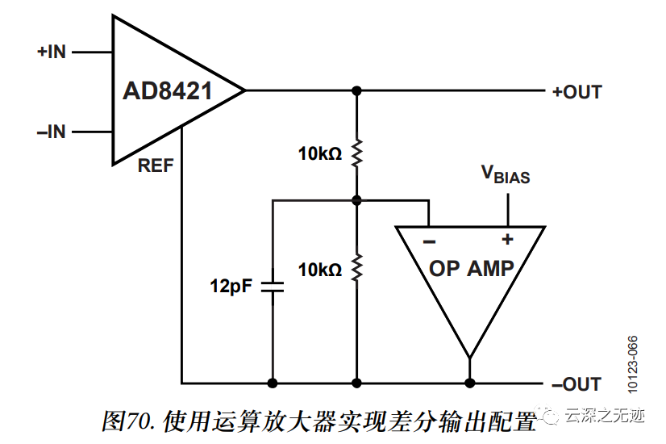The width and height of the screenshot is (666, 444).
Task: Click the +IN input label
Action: (51, 52)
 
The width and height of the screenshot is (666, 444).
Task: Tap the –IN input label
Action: (51, 132)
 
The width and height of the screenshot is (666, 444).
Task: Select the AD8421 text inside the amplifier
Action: (167, 90)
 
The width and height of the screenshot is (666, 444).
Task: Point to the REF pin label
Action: (155, 166)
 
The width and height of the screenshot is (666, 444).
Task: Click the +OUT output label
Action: (577, 91)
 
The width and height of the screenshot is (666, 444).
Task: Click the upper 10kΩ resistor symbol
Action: (356, 153)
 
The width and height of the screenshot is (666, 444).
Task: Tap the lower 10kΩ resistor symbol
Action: (356, 266)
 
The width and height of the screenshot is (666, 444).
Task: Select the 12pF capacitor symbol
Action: (273, 286)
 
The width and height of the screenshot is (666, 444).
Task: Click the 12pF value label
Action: (231, 286)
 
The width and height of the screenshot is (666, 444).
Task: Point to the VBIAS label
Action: (506, 174)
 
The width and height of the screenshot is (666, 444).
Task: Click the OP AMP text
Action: (471, 268)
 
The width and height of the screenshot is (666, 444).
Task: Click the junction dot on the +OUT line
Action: (356, 90)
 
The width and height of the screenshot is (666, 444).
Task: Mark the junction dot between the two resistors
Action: (356, 199)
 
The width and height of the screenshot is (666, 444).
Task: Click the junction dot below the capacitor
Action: (273, 383)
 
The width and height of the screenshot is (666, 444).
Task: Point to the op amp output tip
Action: (469, 357)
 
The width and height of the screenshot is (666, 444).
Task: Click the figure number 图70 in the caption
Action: (129, 421)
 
